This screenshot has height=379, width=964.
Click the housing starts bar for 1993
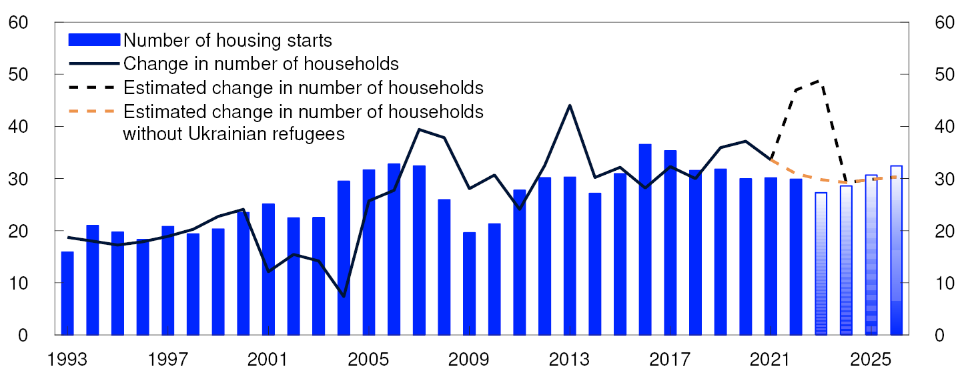(x=67, y=293)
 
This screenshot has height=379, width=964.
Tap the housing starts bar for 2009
(x=469, y=283)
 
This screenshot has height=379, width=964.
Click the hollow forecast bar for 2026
(x=896, y=250)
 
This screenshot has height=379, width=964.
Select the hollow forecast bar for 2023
(x=821, y=264)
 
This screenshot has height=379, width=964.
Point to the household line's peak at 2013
(x=570, y=105)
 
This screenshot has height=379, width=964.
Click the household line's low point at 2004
(x=344, y=296)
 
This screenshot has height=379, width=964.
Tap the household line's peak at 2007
(x=419, y=129)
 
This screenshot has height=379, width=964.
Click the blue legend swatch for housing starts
(x=94, y=40)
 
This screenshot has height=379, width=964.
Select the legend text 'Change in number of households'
(x=261, y=64)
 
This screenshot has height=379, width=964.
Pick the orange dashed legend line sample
(x=94, y=111)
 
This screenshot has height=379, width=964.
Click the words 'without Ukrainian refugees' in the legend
(x=233, y=133)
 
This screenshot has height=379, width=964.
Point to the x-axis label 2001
(x=268, y=360)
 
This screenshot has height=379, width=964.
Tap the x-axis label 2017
(x=670, y=360)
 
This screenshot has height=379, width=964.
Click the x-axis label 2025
(x=871, y=360)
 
